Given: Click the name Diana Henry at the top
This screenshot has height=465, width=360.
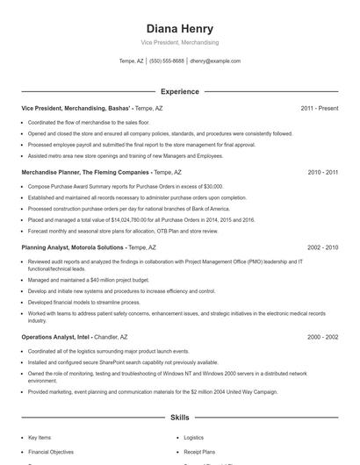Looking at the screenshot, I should coord(179,29).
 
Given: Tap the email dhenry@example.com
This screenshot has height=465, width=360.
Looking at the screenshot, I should coord(215,61).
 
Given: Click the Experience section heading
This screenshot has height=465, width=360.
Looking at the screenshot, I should coord(179,91).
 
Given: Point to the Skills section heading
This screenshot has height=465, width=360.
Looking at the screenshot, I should coord(179,418).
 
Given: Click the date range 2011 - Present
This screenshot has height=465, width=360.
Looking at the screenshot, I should coord(319,109).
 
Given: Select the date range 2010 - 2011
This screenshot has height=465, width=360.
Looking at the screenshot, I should coord(322,173).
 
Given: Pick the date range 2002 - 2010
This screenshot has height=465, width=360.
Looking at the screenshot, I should coord(322,248).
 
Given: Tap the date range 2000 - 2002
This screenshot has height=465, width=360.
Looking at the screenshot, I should coord(322,337).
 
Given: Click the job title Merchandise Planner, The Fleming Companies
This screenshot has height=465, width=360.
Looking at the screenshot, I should coord(85,173).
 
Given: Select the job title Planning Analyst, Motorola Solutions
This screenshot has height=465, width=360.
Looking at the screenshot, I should coord(73,248).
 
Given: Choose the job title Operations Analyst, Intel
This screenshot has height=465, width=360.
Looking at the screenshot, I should coord(56,337).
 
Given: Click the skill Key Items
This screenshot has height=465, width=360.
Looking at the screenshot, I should coord(40,437).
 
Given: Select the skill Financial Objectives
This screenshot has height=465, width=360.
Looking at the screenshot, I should coord(50,452).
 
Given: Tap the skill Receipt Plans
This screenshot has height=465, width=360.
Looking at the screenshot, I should coord(198,452).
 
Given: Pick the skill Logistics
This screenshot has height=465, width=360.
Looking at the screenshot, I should coord(193,437).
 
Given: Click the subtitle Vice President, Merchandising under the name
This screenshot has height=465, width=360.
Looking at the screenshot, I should coord(179,42).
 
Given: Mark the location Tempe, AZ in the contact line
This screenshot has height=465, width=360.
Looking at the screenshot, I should coord(132,61).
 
